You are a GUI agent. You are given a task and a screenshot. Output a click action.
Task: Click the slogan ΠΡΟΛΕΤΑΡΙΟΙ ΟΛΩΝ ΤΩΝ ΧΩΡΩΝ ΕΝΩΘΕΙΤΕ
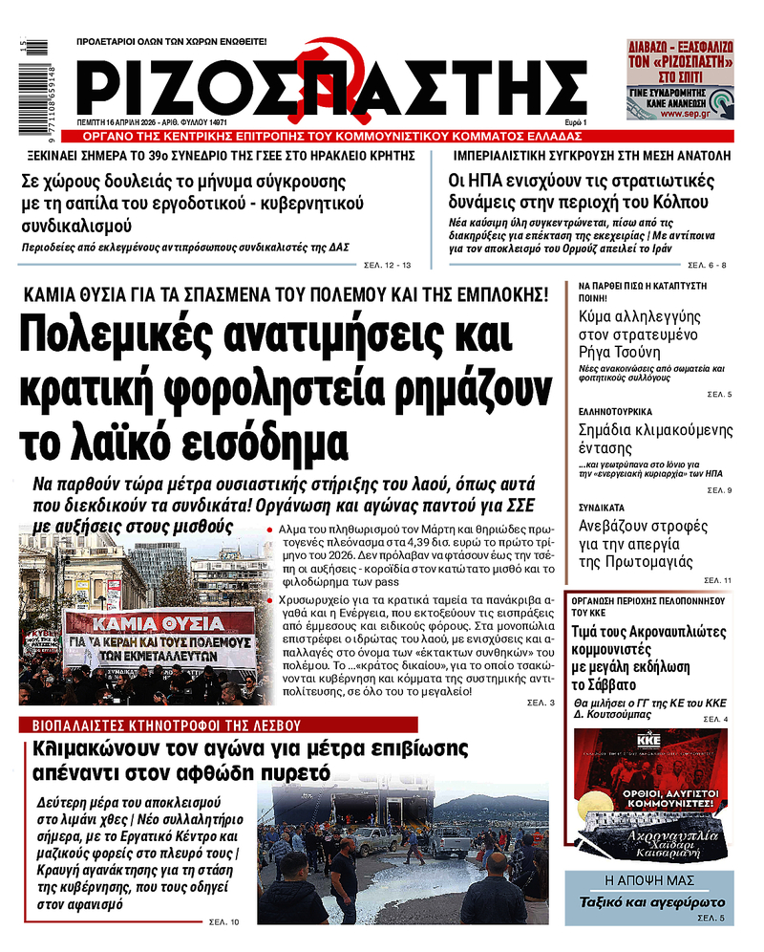click(x=172, y=42)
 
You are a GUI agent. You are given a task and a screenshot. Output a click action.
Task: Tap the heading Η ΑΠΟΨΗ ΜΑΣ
click(x=648, y=880)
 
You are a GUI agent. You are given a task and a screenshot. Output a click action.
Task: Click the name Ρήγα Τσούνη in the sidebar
click(x=629, y=352)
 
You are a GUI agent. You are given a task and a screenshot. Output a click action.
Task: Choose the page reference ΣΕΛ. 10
click(x=224, y=921)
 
